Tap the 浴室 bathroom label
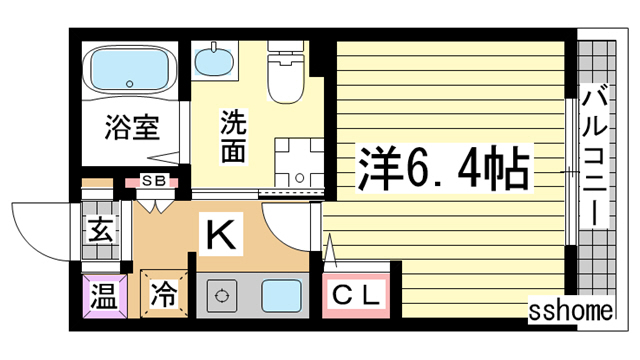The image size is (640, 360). (x=134, y=128)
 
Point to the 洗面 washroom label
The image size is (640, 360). (x=233, y=138)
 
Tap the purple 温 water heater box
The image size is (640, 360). (x=103, y=296)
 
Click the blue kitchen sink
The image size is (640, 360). (x=282, y=297)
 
